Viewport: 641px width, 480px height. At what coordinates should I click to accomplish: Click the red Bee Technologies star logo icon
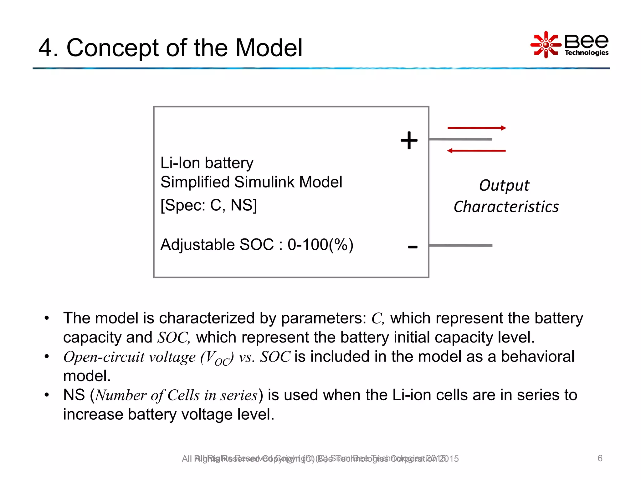[546, 45]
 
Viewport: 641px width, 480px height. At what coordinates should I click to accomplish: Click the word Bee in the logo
[586, 41]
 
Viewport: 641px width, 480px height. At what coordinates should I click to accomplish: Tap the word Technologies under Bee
[587, 52]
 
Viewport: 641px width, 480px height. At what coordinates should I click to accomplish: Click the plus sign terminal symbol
[409, 140]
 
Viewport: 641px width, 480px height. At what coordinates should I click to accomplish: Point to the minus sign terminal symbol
[413, 247]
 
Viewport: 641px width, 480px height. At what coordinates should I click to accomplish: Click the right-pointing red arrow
[477, 128]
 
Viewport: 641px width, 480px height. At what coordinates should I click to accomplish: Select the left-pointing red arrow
[476, 151]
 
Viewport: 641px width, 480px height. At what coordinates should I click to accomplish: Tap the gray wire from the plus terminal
[460, 139]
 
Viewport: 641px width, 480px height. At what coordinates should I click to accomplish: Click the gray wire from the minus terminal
[460, 246]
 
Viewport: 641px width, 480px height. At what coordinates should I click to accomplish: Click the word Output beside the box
[504, 186]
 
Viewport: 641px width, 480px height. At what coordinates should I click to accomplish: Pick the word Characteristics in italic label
[506, 207]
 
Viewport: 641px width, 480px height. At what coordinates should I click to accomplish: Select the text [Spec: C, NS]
[208, 205]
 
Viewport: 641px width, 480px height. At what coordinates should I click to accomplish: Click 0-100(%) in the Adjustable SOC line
[320, 245]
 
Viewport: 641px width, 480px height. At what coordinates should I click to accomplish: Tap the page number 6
[600, 458]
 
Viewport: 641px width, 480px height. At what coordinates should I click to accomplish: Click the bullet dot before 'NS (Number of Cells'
[47, 395]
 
